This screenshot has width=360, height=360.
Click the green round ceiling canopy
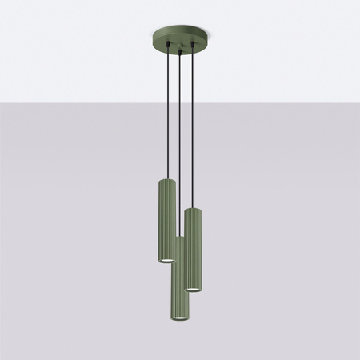[x=180, y=38]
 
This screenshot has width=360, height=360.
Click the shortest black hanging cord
[x=166, y=112]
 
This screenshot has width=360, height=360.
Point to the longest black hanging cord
[x=181, y=144]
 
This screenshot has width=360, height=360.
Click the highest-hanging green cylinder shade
[x=166, y=220]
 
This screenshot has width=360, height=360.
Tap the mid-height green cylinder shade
[x=193, y=248]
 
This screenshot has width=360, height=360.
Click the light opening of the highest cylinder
[x=166, y=260]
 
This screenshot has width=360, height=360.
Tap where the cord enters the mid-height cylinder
[x=193, y=208]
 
